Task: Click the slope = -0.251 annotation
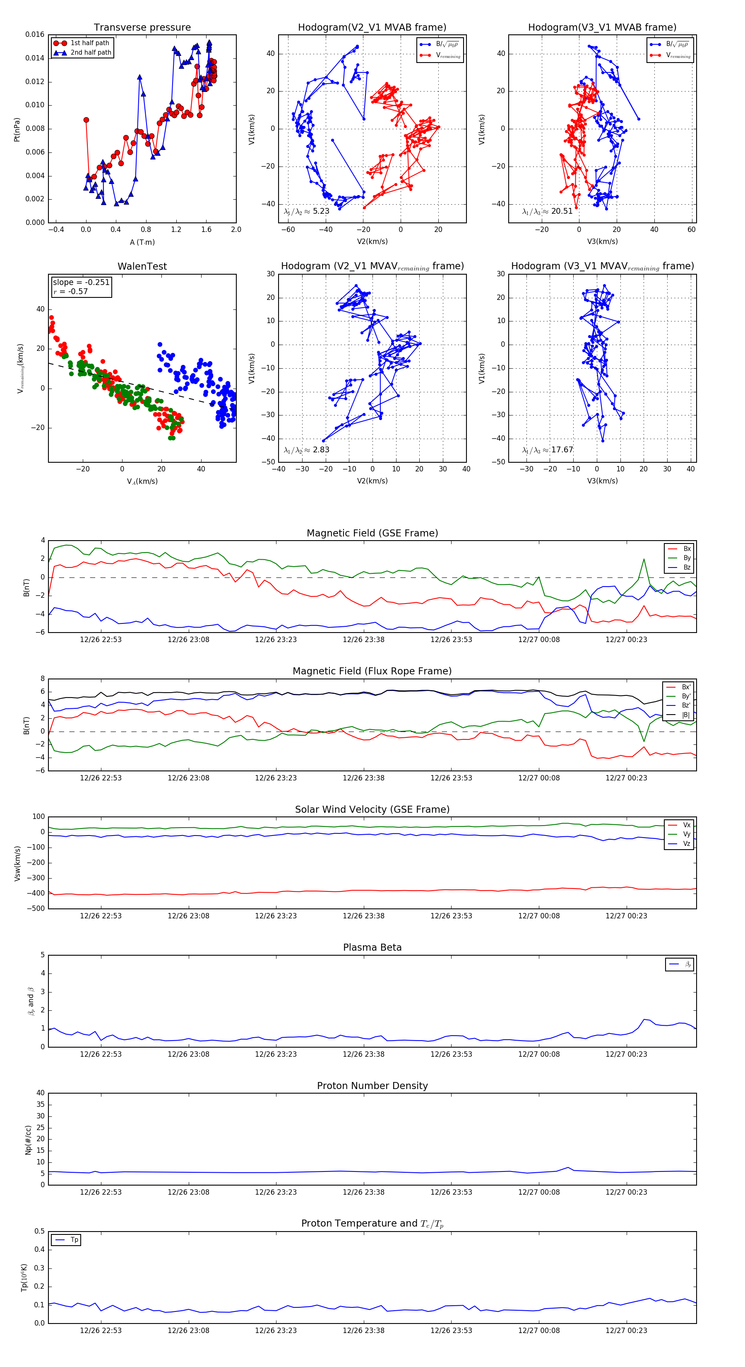(81, 283)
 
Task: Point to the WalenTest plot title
(142, 266)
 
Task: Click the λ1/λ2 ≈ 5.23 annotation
(306, 211)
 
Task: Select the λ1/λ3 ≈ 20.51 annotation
(547, 211)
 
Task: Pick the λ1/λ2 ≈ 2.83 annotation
(306, 450)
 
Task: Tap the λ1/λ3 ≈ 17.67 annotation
(547, 450)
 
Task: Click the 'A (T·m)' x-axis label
(142, 242)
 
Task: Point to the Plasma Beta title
(372, 948)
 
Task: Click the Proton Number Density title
(372, 1086)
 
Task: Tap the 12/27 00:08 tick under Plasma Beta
(539, 1054)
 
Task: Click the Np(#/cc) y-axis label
(28, 1140)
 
